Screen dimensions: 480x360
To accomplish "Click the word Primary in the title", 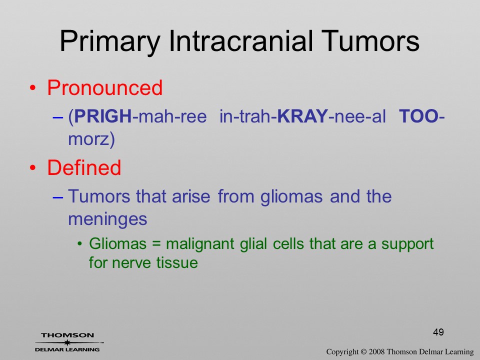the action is [x=110, y=42].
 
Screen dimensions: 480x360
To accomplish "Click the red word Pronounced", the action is [x=104, y=88].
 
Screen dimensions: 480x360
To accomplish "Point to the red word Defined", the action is [x=84, y=167].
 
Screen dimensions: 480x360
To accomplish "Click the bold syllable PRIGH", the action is [x=103, y=116].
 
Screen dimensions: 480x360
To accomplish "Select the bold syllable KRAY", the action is [x=302, y=116].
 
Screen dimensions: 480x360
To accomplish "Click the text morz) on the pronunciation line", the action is [x=91, y=139].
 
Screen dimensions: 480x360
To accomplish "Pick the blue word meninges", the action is [x=107, y=219].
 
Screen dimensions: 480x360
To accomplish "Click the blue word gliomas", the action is [x=291, y=196].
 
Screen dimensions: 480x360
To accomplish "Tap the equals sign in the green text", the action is [x=156, y=244].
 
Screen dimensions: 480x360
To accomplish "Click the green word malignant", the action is [x=200, y=244].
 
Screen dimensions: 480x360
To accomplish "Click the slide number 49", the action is [x=438, y=332].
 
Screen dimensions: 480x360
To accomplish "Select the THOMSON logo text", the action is [x=67, y=335].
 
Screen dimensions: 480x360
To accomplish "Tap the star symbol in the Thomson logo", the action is [x=67, y=342].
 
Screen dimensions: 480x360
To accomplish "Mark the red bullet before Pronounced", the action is [x=33, y=88].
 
